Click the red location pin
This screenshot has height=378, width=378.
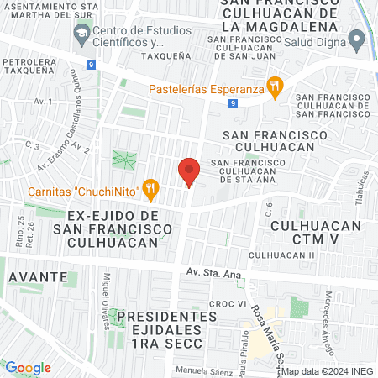(189, 171)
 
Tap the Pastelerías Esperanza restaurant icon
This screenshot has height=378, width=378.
(274, 85)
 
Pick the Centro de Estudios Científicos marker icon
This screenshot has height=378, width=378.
(81, 35)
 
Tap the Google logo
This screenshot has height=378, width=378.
(28, 368)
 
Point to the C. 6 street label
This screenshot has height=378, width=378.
(270, 209)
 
